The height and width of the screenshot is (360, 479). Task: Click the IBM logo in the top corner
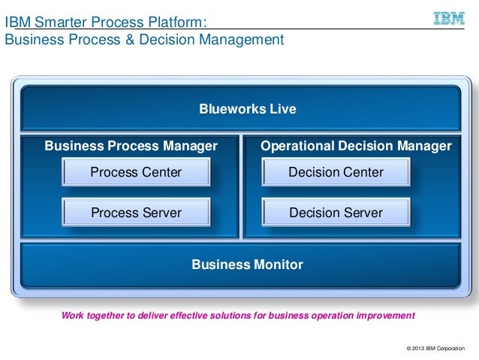click(x=449, y=17)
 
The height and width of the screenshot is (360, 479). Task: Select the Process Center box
click(x=136, y=173)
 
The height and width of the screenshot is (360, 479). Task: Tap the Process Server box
click(x=136, y=213)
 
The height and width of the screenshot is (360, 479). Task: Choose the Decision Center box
click(x=336, y=173)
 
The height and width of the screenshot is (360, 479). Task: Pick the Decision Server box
click(x=336, y=213)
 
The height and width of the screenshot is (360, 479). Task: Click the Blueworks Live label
click(x=247, y=110)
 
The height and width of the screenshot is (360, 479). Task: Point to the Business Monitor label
click(x=247, y=265)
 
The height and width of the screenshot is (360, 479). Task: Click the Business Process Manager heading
click(x=131, y=145)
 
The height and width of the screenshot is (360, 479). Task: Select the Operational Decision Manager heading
click(x=356, y=145)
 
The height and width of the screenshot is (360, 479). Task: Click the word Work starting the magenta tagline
click(x=72, y=314)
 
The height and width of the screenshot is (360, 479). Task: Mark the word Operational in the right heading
click(x=294, y=145)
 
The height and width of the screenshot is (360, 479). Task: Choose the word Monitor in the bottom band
click(x=278, y=265)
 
